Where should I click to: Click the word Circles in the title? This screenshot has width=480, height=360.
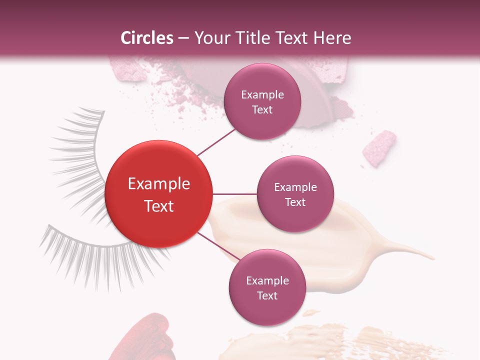point(146,38)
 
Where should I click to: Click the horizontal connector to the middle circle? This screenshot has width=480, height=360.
point(234,194)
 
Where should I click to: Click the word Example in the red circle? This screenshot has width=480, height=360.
point(159,184)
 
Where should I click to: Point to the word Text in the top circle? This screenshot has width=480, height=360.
point(262,110)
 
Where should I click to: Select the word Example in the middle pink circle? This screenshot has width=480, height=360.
point(295,187)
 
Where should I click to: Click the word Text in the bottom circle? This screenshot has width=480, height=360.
point(267,295)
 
